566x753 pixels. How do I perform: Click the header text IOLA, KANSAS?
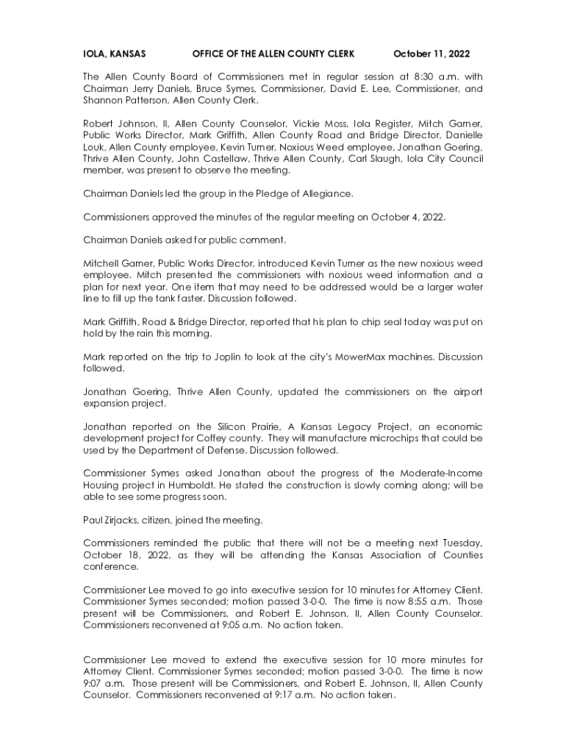(114, 54)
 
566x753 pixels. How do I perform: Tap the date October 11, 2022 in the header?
(431, 54)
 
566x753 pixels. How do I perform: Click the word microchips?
(387, 438)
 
